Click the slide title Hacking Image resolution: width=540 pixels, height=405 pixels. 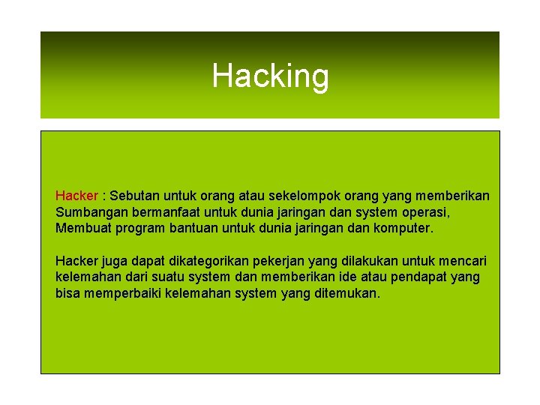pyautogui.click(x=270, y=76)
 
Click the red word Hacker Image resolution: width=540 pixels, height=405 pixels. pyautogui.click(x=76, y=196)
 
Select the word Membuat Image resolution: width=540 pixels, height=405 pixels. pyautogui.click(x=82, y=227)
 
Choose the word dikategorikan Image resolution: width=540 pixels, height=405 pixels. pyautogui.click(x=209, y=261)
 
